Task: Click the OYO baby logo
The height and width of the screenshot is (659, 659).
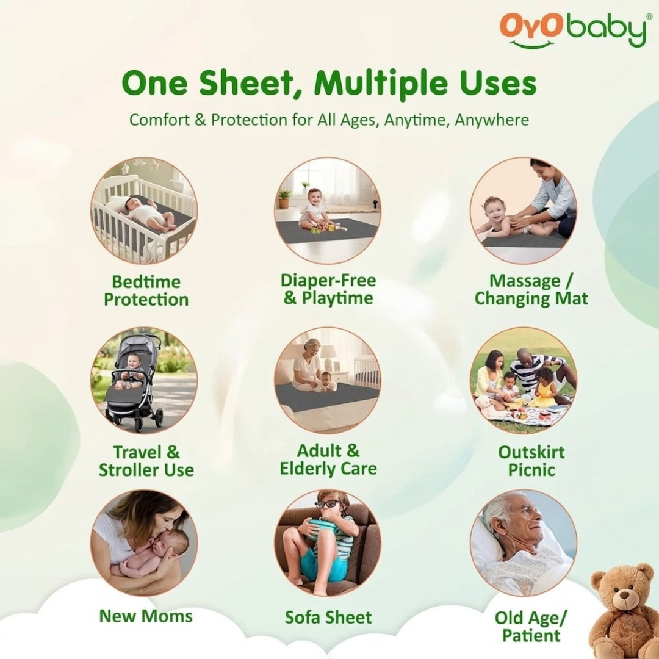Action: point(572,31)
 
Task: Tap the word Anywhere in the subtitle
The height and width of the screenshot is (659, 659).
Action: point(492,120)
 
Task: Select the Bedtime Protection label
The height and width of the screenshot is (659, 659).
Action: point(146,290)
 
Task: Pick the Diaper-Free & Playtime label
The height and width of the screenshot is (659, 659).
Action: point(328,289)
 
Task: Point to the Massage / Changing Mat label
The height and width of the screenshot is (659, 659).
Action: point(531,290)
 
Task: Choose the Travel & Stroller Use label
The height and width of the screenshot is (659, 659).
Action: point(146,461)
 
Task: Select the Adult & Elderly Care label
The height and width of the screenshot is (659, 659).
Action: point(328,459)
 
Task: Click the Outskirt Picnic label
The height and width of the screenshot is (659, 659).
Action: point(531,461)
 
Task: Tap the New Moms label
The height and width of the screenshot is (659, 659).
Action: point(146,616)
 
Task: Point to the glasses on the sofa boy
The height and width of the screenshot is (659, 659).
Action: point(327,504)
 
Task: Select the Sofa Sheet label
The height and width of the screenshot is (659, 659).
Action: point(328,617)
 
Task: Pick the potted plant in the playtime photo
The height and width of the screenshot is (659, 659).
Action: point(284,197)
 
